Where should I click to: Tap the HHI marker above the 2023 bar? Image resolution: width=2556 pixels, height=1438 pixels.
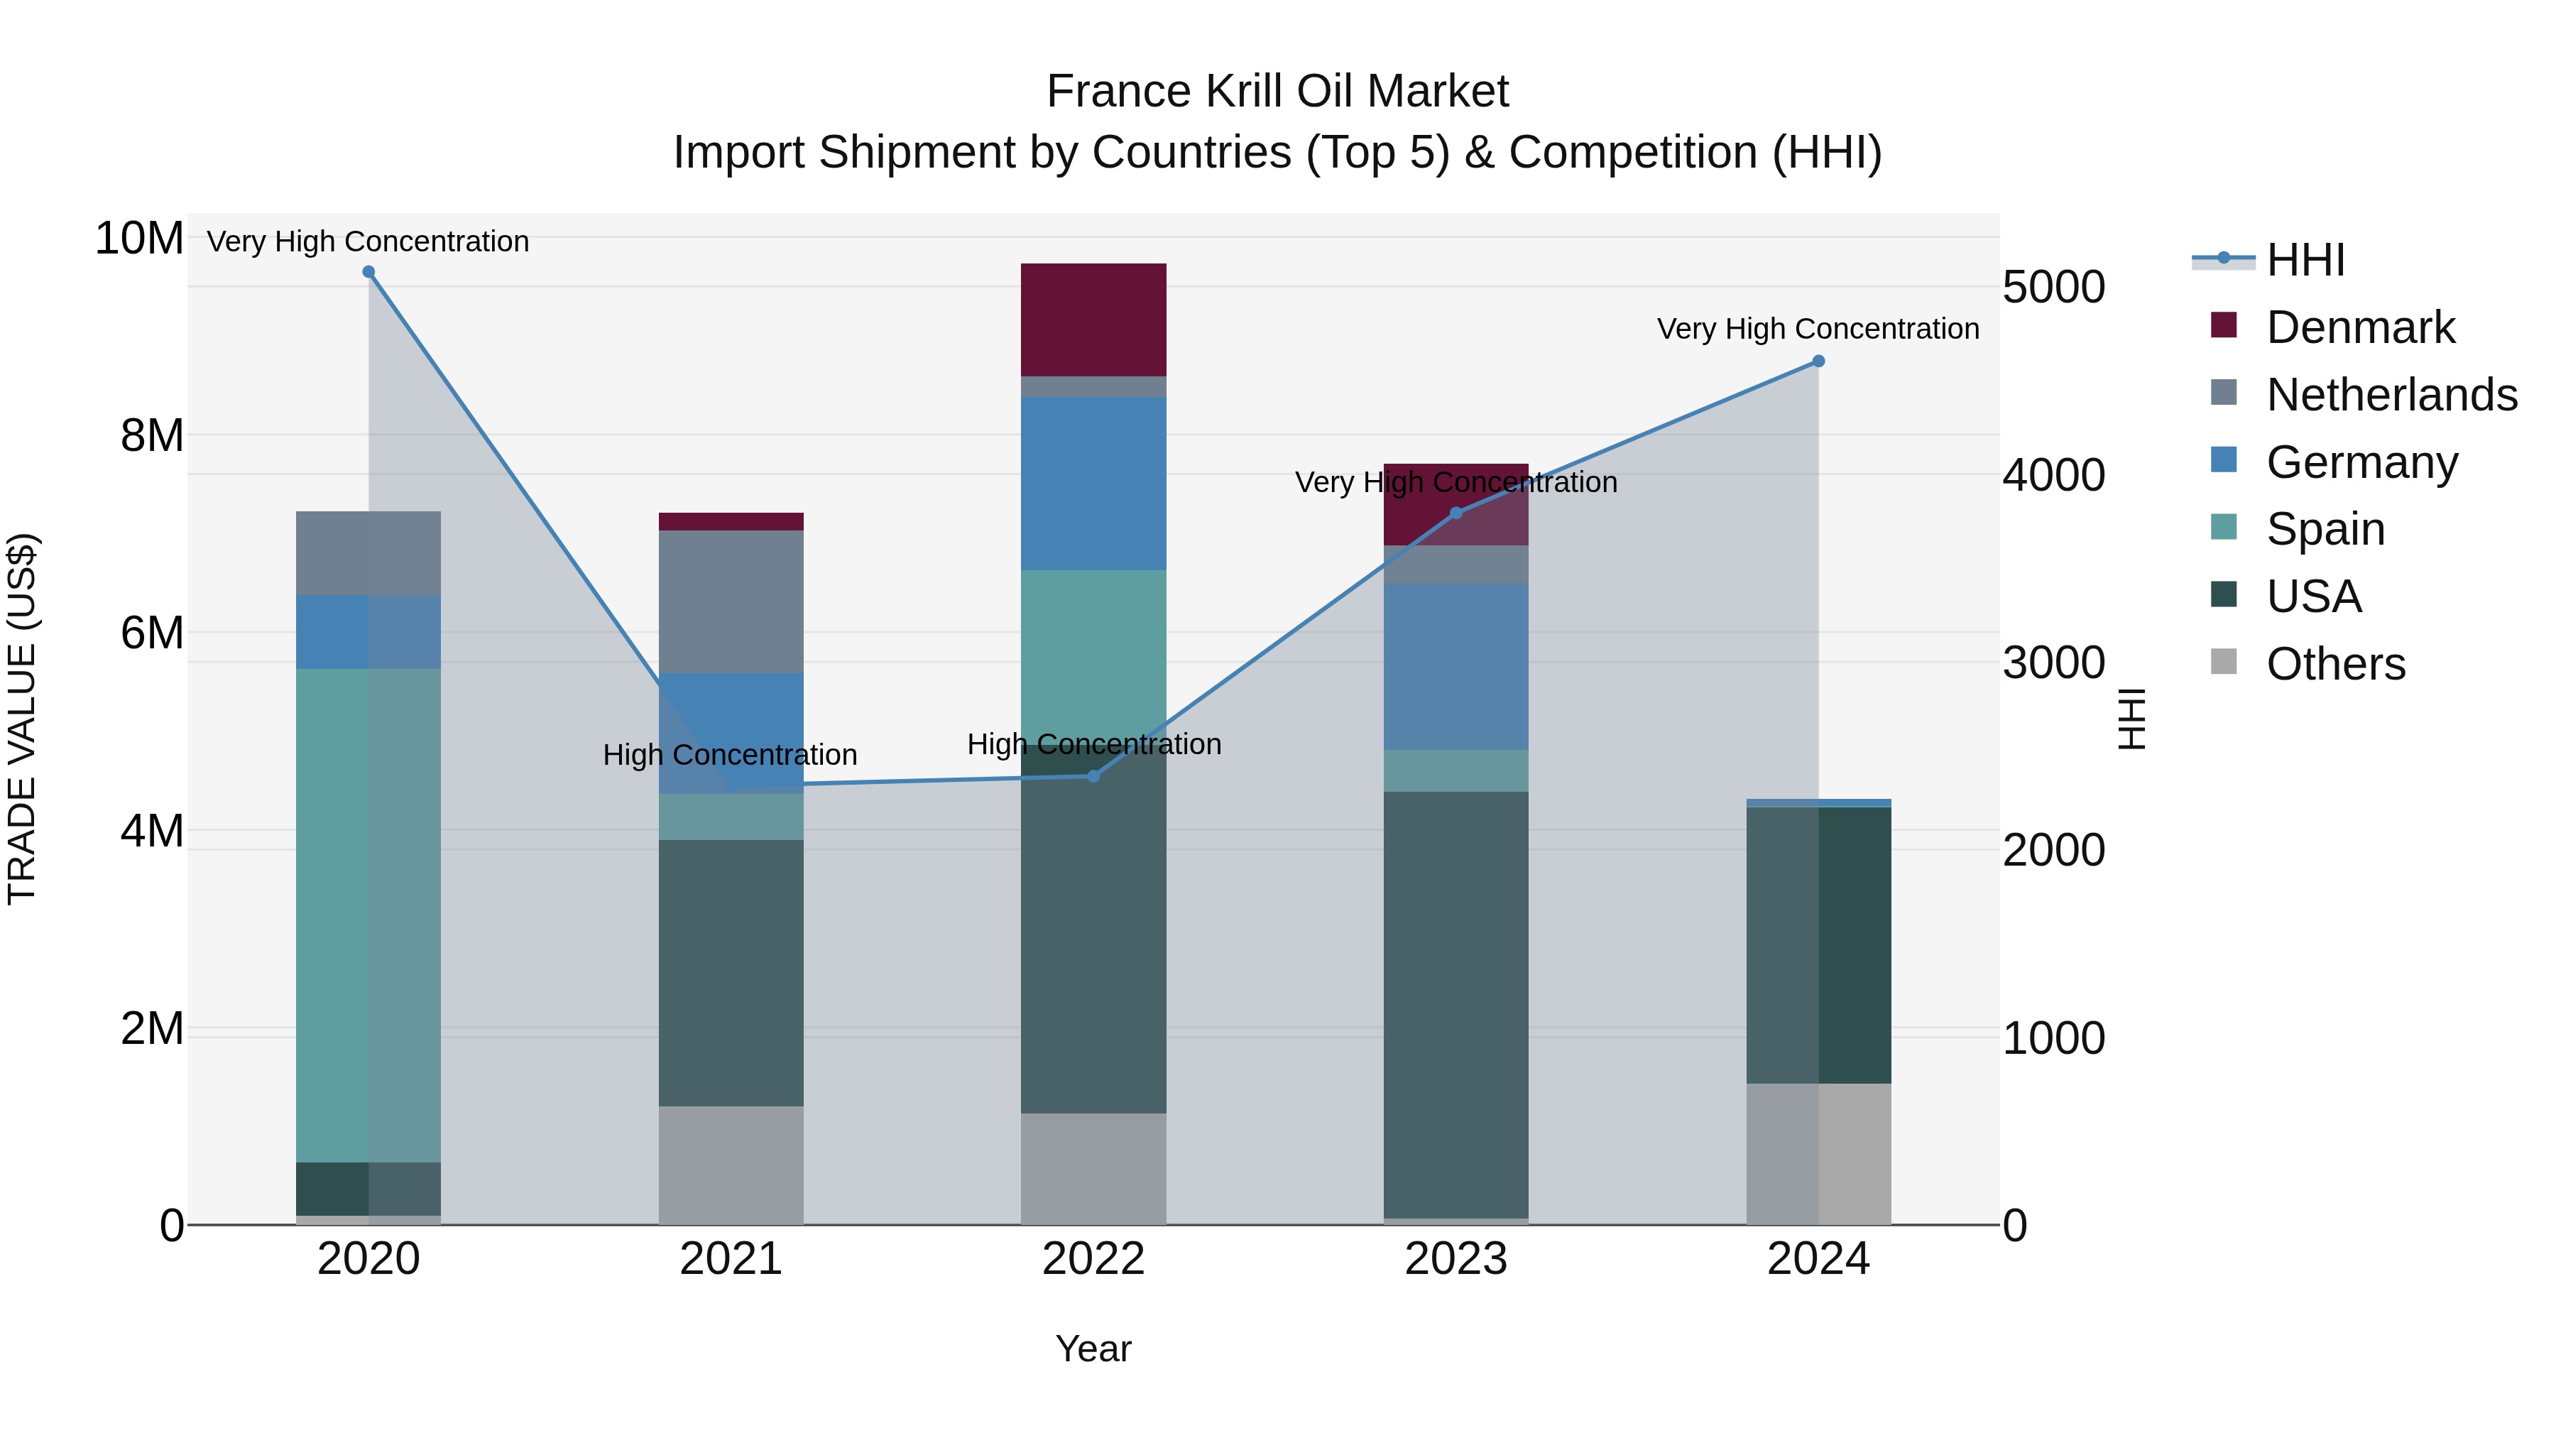pyautogui.click(x=1455, y=513)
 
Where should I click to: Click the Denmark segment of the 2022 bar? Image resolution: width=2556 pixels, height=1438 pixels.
pyautogui.click(x=1093, y=320)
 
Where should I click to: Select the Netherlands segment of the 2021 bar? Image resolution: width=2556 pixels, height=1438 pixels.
pyautogui.click(x=731, y=601)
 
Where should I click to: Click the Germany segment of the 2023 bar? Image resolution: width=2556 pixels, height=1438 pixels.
pyautogui.click(x=1455, y=666)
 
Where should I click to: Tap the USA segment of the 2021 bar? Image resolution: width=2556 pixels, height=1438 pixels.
pyautogui.click(x=731, y=973)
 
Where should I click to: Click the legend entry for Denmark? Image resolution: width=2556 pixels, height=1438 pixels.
pyautogui.click(x=2359, y=327)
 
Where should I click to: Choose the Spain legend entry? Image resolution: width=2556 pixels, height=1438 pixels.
pyautogui.click(x=2325, y=529)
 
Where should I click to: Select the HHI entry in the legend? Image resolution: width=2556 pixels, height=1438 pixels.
pyautogui.click(x=2305, y=260)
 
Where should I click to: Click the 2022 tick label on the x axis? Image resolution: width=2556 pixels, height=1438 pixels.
pyautogui.click(x=1093, y=1259)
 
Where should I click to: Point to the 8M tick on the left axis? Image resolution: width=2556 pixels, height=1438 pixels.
pyautogui.click(x=152, y=436)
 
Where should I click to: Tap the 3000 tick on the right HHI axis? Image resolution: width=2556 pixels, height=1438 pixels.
pyautogui.click(x=2053, y=663)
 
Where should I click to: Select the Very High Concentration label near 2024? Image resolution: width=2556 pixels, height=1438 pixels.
pyautogui.click(x=1817, y=329)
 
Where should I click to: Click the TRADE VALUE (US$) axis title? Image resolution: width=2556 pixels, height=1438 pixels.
pyautogui.click(x=22, y=719)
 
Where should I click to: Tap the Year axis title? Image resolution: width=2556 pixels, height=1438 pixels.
pyautogui.click(x=1093, y=1349)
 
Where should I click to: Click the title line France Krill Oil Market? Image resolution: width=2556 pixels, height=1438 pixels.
pyautogui.click(x=1277, y=92)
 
